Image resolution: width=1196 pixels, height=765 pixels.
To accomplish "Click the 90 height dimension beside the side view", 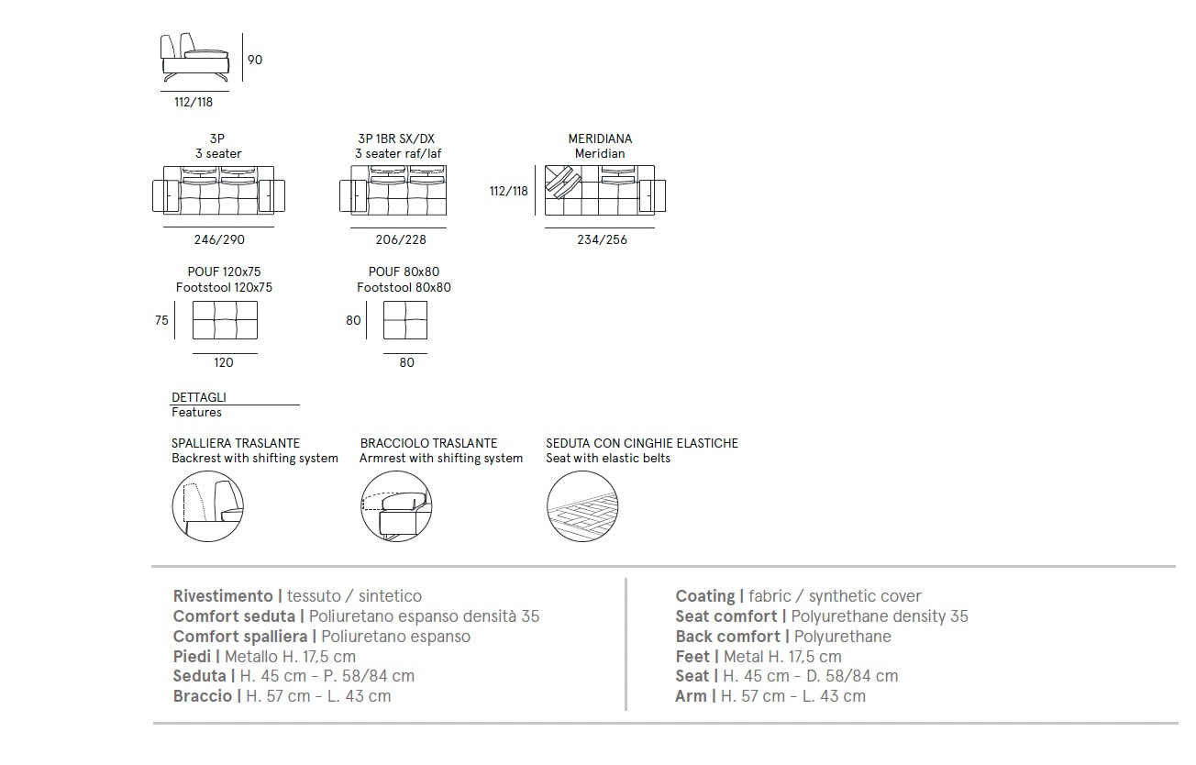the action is tap(255, 60).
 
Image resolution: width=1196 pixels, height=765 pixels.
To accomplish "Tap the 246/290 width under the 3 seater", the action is tap(219, 239).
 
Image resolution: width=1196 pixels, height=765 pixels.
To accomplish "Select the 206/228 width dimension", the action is tap(401, 239).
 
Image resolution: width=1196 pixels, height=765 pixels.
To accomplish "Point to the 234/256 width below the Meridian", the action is tap(602, 239).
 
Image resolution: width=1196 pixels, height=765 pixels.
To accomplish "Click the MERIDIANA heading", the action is tap(600, 139).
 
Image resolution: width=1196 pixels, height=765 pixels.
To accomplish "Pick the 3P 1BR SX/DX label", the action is tap(396, 139).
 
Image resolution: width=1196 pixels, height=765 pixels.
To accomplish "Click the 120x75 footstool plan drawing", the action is tap(225, 320).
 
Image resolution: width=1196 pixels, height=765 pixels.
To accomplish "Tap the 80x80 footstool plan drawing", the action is tap(405, 320).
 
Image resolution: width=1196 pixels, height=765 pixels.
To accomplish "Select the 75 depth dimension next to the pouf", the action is tap(161, 320).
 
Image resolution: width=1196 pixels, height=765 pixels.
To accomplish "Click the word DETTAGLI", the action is tap(199, 397).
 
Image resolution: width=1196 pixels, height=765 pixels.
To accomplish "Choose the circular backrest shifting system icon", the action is tap(207, 506).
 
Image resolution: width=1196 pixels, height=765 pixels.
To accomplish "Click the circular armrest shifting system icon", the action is tap(396, 506).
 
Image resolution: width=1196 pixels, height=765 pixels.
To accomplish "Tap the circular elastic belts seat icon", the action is tap(582, 506).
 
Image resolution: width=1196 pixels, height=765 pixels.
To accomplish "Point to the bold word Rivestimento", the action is tap(223, 596).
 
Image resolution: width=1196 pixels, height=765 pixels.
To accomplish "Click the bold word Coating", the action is tap(704, 596).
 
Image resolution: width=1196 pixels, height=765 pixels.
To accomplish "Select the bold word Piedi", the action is tap(192, 656).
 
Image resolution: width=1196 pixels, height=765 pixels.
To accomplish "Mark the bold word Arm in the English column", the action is tap(692, 696).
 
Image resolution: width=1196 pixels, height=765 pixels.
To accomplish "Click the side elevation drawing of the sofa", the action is tap(194, 58).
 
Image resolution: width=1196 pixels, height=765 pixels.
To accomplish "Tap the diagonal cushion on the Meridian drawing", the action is tap(563, 182).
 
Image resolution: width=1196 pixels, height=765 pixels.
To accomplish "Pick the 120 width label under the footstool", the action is tap(223, 362).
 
